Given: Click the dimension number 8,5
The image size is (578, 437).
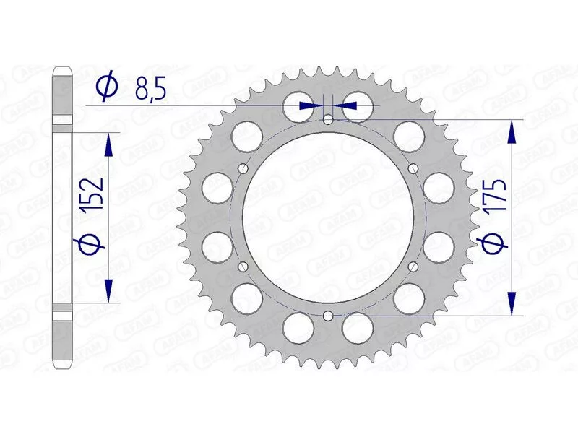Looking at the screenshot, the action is pyautogui.click(x=150, y=89).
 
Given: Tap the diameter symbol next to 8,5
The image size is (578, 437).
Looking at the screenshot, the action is pyautogui.click(x=107, y=87).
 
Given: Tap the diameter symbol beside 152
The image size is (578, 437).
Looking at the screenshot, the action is pyautogui.click(x=89, y=242).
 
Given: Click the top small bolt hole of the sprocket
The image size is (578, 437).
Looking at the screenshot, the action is pyautogui.click(x=328, y=119).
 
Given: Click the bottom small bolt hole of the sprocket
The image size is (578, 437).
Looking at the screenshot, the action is pyautogui.click(x=328, y=316).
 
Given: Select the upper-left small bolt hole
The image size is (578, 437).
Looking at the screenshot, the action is pyautogui.click(x=243, y=169).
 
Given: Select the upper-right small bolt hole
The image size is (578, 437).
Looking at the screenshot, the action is pyautogui.click(x=413, y=169).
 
